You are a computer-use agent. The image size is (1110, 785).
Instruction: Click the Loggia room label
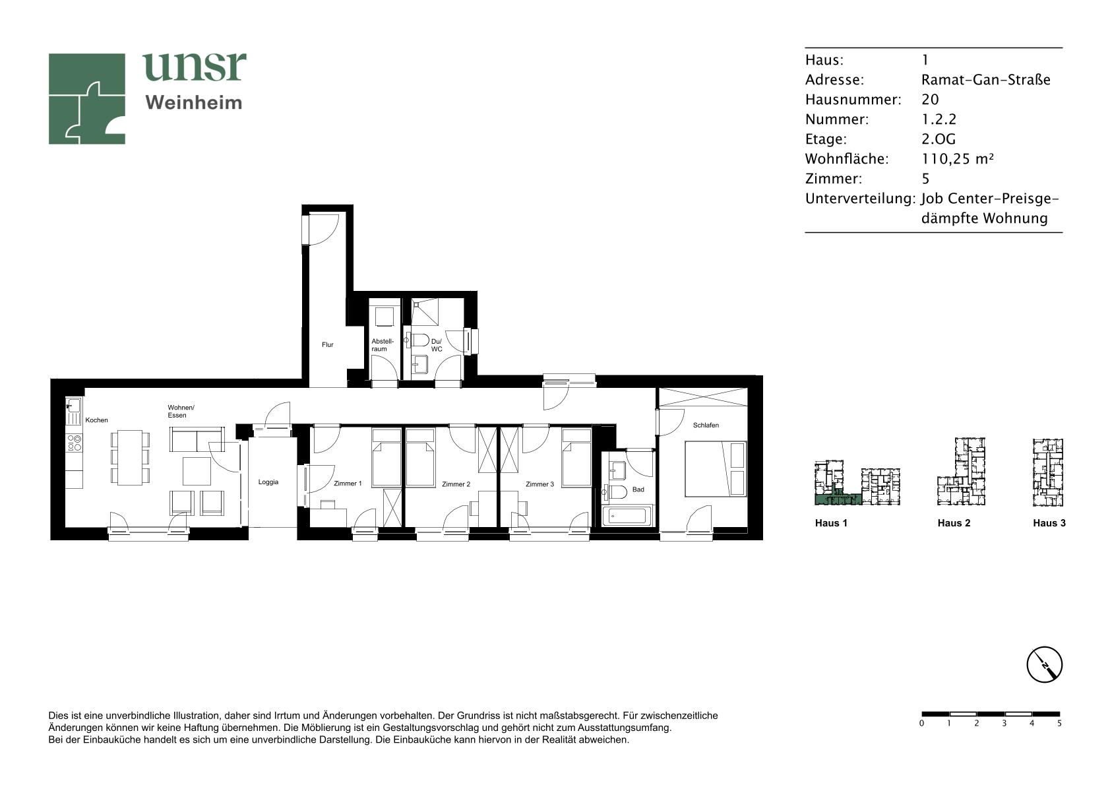click(x=268, y=482)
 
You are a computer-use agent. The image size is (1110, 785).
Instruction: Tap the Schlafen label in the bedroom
click(x=706, y=425)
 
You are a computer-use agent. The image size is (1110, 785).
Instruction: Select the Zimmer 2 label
click(x=456, y=484)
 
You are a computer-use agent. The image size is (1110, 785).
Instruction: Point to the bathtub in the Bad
click(x=627, y=516)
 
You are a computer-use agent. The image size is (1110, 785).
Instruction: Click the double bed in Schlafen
click(x=716, y=468)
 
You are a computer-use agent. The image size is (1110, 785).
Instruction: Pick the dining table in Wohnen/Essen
click(x=130, y=457)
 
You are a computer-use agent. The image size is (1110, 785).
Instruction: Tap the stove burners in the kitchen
click(x=75, y=443)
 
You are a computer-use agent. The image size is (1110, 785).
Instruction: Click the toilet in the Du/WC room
click(x=419, y=340)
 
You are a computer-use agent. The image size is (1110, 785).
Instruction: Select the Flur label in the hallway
click(x=328, y=344)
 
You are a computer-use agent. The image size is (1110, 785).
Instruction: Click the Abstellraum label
click(x=383, y=345)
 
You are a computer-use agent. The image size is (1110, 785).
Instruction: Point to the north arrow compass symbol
click(x=1045, y=664)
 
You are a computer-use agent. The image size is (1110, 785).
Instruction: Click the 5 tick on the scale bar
click(x=1059, y=723)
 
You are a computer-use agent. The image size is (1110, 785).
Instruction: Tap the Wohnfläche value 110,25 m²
click(x=958, y=158)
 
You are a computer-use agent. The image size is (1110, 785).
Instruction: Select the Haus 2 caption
click(x=954, y=523)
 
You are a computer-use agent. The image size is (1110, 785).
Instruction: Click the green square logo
click(x=86, y=99)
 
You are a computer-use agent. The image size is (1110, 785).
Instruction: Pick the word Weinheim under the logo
click(x=194, y=103)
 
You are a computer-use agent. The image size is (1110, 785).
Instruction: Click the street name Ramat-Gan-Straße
click(x=985, y=80)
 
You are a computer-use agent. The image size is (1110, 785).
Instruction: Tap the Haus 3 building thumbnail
click(x=1047, y=472)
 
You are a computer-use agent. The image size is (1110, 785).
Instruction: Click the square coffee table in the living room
click(x=197, y=471)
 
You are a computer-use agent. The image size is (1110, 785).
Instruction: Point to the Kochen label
click(x=97, y=420)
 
